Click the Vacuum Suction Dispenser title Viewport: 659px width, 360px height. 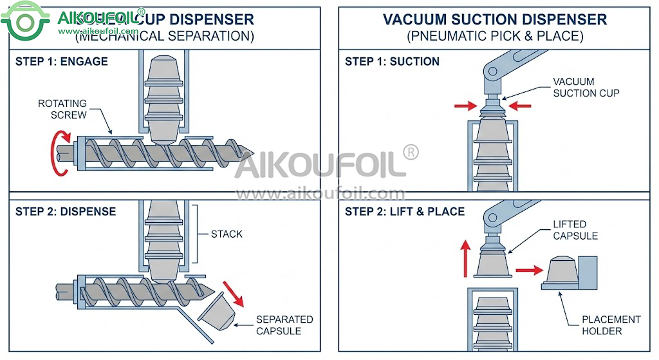click(x=495, y=19)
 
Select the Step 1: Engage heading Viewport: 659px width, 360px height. click(x=62, y=62)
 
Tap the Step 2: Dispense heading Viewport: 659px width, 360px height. click(x=66, y=211)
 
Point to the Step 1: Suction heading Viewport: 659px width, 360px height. click(x=392, y=62)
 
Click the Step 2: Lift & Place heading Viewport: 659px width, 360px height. click(x=405, y=211)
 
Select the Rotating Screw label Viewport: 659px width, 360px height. click(x=62, y=109)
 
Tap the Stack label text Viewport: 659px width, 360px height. click(x=227, y=234)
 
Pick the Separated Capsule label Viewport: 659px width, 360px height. click(x=284, y=325)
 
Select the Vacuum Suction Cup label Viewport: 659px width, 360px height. click(x=586, y=88)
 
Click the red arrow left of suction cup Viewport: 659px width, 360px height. click(x=466, y=104)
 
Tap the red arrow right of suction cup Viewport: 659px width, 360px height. click(x=519, y=104)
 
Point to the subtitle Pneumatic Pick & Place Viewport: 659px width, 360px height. click(x=495, y=36)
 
